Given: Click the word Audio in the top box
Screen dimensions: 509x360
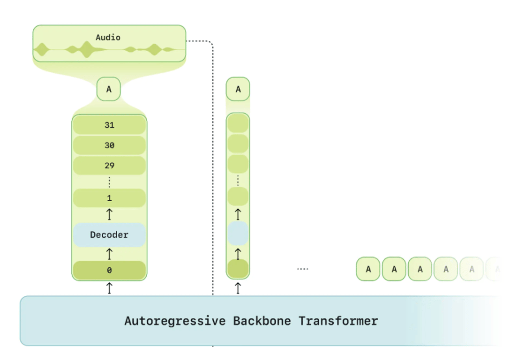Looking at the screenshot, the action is tap(108, 37).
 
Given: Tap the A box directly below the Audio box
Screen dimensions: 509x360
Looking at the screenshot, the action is tap(109, 89).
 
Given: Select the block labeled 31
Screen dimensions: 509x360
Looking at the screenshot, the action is tap(109, 125).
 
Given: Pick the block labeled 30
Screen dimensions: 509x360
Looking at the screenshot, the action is tap(109, 145).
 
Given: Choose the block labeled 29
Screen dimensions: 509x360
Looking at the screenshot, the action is tap(109, 165).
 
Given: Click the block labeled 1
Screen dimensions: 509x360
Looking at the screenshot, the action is tap(109, 198).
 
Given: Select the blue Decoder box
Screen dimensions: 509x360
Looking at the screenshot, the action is tap(109, 235).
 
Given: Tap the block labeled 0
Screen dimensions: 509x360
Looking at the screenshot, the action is tap(109, 270).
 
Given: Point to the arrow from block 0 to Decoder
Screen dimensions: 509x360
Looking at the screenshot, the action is tap(109, 254).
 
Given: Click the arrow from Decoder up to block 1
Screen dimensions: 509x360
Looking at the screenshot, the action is tap(109, 214).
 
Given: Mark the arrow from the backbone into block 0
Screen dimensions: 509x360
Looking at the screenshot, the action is tap(109, 288).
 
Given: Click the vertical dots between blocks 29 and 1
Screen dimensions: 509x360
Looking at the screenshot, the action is tap(109, 182).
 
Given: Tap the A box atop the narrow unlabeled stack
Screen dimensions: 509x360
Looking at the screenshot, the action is tap(238, 89).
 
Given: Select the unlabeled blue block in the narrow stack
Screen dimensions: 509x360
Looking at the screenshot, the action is tap(238, 233).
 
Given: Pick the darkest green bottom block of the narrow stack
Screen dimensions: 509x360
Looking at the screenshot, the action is tap(238, 269).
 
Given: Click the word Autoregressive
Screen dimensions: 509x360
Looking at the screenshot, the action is tap(175, 321).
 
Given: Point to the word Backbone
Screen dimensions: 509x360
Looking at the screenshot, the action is tap(262, 321).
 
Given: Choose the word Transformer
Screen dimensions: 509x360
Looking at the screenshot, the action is tap(338, 321).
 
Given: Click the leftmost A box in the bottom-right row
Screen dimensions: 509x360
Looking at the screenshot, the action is tap(368, 269).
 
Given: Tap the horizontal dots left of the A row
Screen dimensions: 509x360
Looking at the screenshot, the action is tap(302, 269).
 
